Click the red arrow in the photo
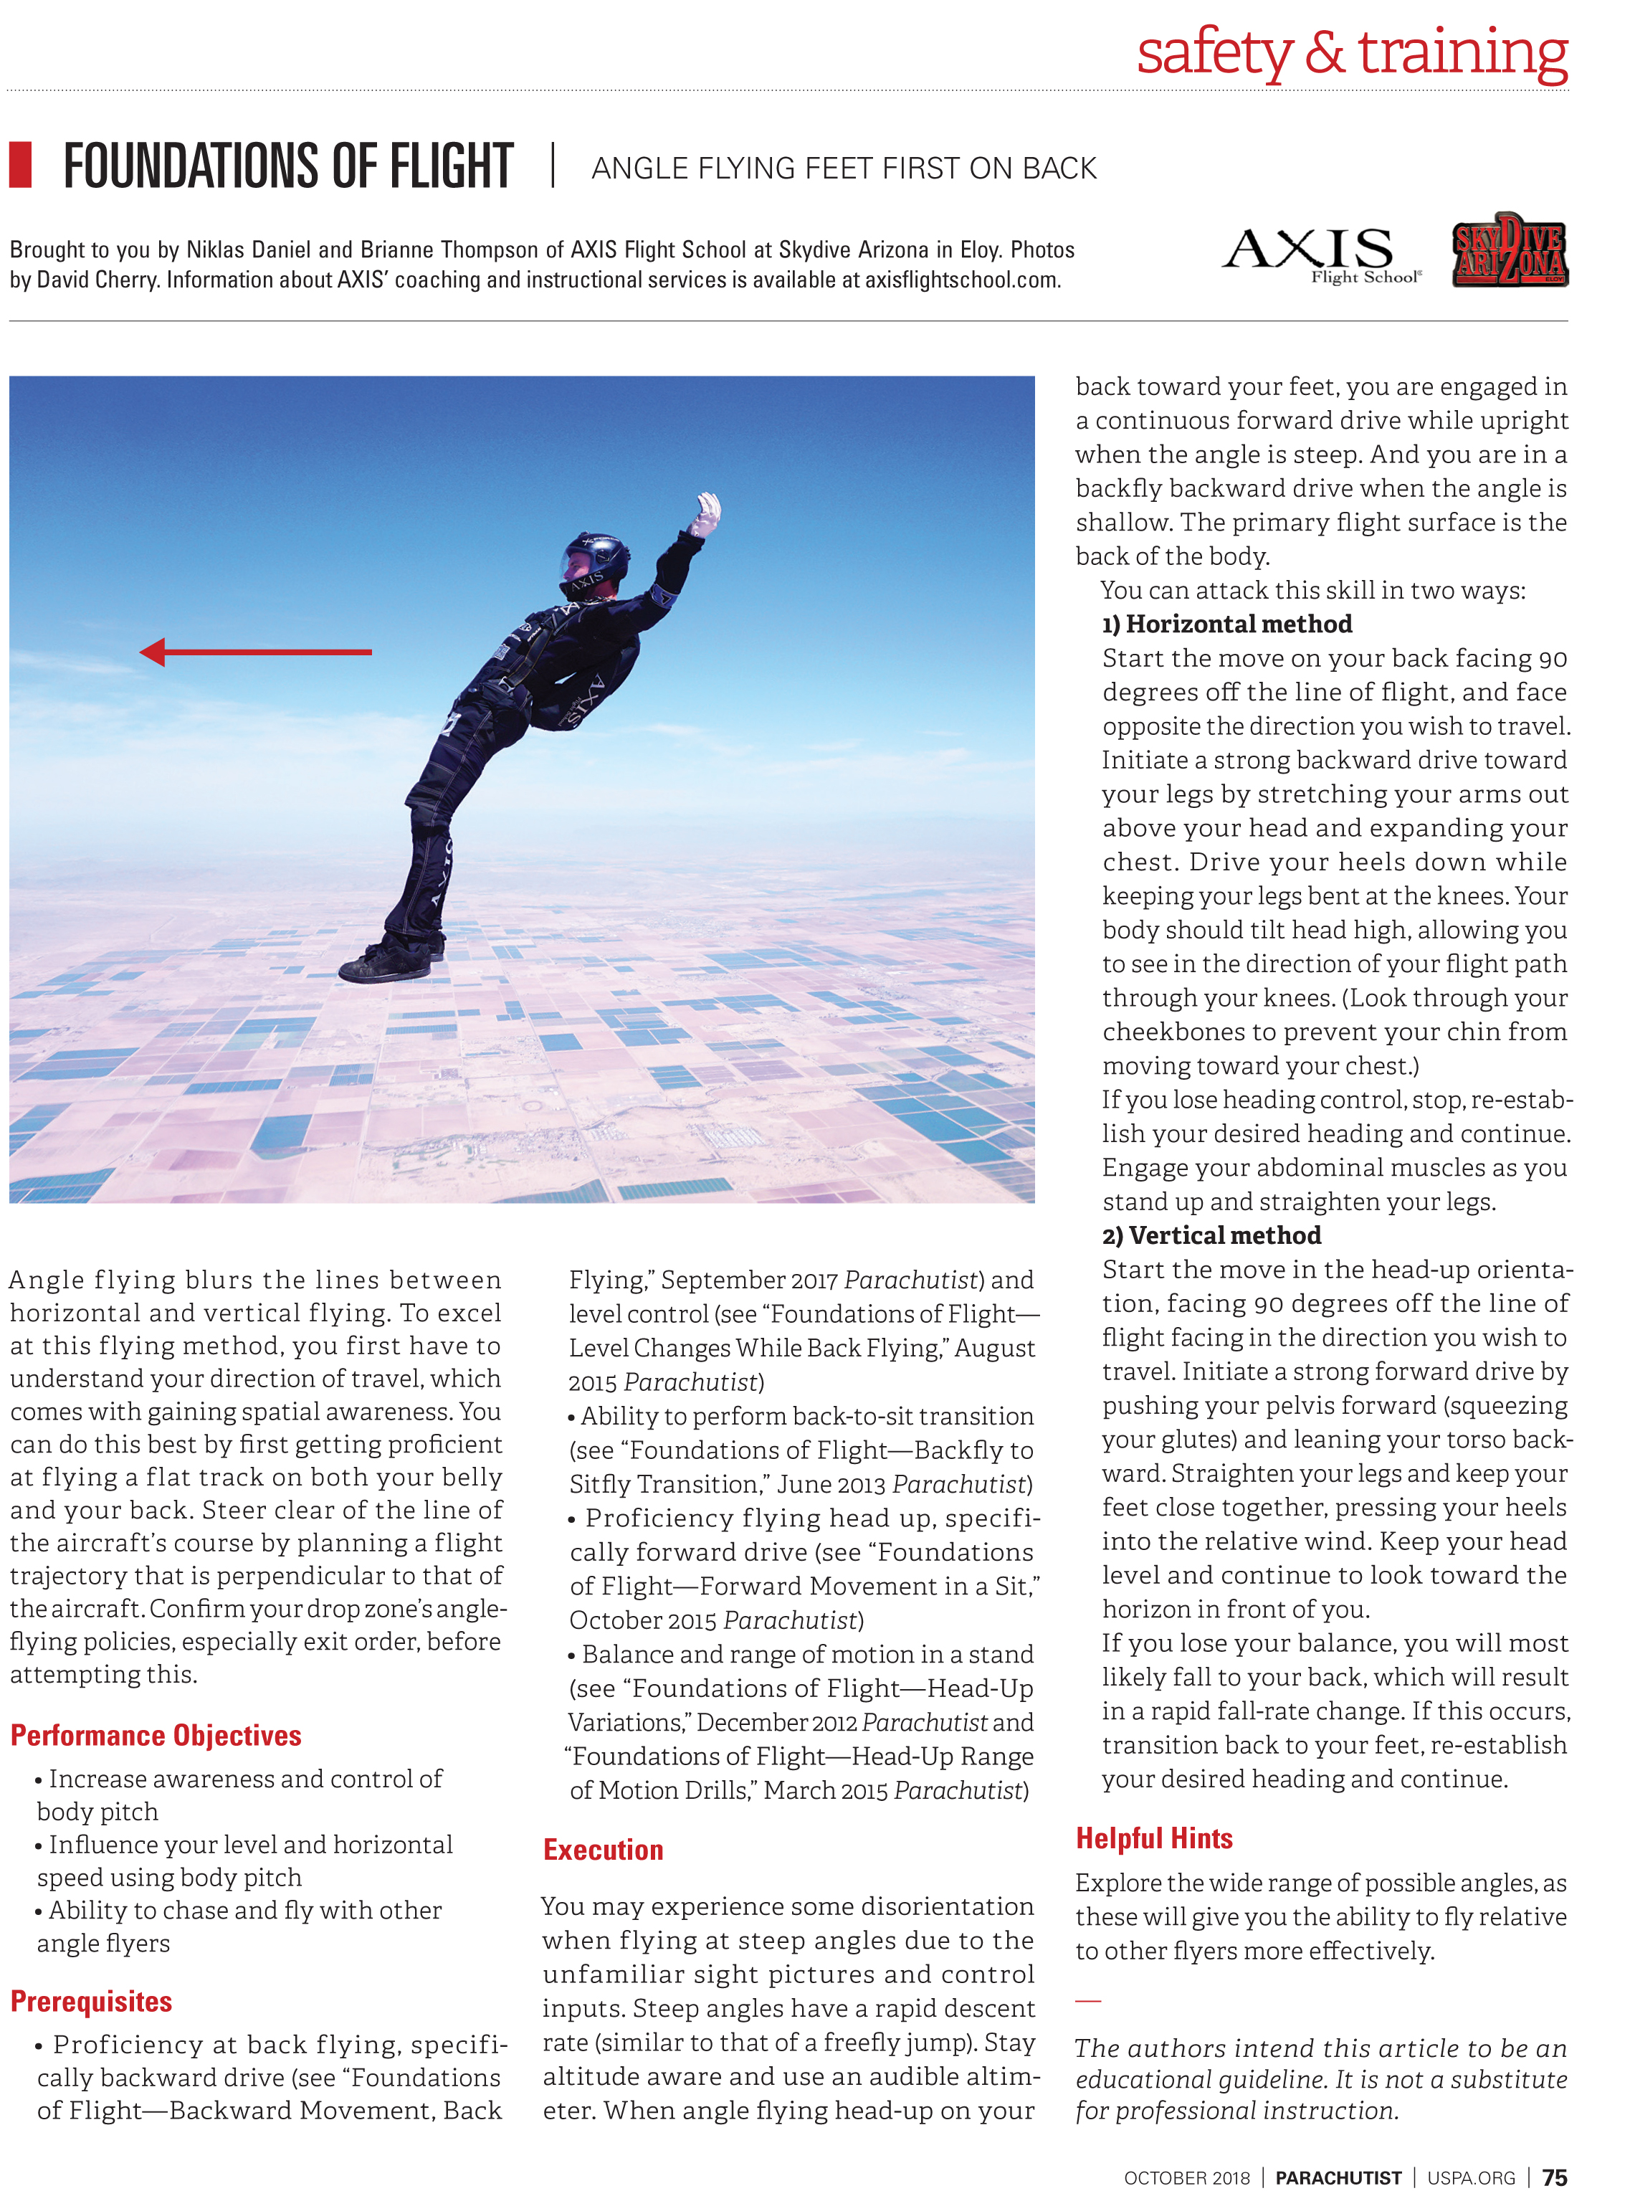(256, 652)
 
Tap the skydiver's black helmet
(598, 558)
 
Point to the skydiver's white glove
(707, 513)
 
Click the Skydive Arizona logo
(1509, 252)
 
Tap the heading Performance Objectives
(156, 1735)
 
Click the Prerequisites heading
(91, 2000)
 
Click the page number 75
(1554, 2177)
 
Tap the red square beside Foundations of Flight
(21, 165)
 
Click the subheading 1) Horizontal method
(1226, 624)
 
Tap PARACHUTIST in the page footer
(1338, 2178)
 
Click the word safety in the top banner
(1214, 54)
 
